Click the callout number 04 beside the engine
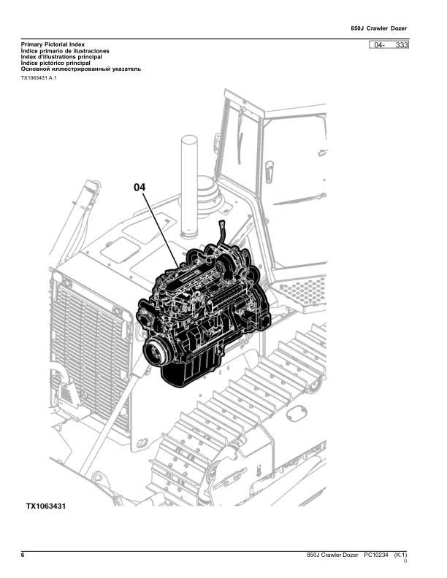pos(140,188)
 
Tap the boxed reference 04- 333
pos(389,45)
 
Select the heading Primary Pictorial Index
pos(53,45)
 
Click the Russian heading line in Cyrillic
pos(81,69)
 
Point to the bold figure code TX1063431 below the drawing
pos(46,506)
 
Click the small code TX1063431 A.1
pos(39,78)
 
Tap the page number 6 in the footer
pos(23,555)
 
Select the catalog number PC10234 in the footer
pos(376,555)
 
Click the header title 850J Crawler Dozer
pos(379,28)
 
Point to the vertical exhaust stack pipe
pos(189,186)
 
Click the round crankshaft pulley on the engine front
pos(154,352)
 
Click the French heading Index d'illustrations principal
pos(61,57)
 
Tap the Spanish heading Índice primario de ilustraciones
pos(65,51)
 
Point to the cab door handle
pos(270,172)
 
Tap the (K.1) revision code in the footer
pos(400,555)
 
